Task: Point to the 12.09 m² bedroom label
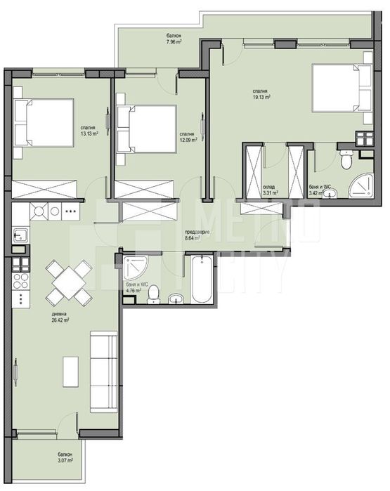[x=186, y=136]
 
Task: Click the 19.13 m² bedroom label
[x=264, y=93]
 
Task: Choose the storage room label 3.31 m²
[x=271, y=190]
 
